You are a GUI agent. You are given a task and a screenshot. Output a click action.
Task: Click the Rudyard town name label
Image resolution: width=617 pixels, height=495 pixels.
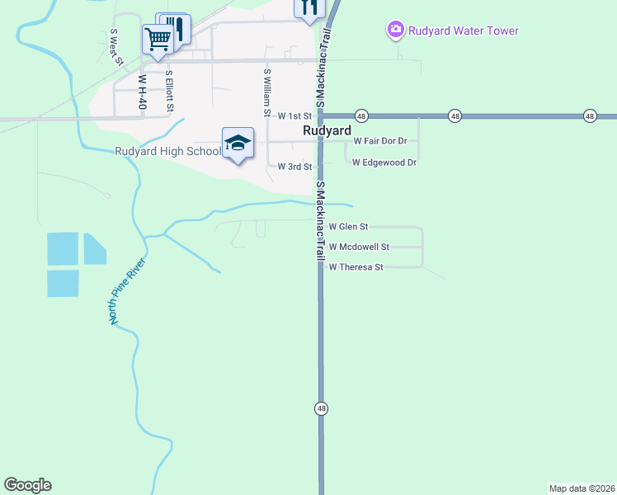click(327, 130)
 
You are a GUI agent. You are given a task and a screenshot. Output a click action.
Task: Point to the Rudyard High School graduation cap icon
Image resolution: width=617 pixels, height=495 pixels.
click(238, 144)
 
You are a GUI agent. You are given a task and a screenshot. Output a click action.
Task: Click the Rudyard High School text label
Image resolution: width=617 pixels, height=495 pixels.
click(167, 151)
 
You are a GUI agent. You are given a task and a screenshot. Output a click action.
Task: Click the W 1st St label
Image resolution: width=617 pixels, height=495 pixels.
click(294, 117)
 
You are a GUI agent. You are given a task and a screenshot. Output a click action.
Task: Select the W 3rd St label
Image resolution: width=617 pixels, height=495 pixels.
click(294, 167)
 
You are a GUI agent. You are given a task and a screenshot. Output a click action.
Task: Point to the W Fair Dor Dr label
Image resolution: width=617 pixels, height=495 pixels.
click(380, 141)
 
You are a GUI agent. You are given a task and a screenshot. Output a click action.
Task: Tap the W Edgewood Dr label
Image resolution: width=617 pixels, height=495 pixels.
click(384, 163)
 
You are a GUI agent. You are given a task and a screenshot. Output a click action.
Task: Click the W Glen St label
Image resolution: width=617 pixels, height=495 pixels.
click(348, 226)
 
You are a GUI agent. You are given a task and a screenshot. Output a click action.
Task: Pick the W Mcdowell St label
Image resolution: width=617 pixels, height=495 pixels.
click(359, 247)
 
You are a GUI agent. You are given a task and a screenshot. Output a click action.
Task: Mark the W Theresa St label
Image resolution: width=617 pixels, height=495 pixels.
click(356, 267)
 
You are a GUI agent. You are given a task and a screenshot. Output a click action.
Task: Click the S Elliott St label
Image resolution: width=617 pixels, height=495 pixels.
click(169, 90)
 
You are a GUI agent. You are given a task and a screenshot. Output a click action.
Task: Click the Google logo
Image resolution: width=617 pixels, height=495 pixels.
click(27, 485)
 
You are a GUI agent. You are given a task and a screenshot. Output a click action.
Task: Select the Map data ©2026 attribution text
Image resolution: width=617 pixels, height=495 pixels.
click(582, 488)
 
